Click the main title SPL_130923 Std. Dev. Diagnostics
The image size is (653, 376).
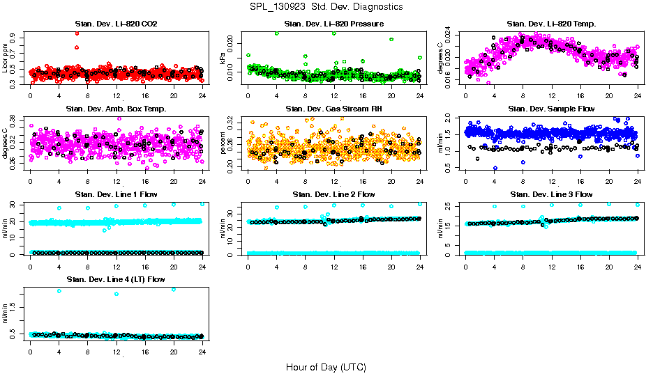326,7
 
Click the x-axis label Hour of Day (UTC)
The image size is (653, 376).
326,366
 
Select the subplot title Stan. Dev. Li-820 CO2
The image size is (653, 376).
116,24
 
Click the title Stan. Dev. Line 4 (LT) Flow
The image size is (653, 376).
116,279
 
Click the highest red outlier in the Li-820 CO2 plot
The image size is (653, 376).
77,33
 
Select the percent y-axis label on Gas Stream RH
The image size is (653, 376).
223,143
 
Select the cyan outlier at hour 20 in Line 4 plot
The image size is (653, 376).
173,289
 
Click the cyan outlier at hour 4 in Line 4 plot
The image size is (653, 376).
59,291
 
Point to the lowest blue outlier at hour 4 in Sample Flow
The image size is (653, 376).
495,168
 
